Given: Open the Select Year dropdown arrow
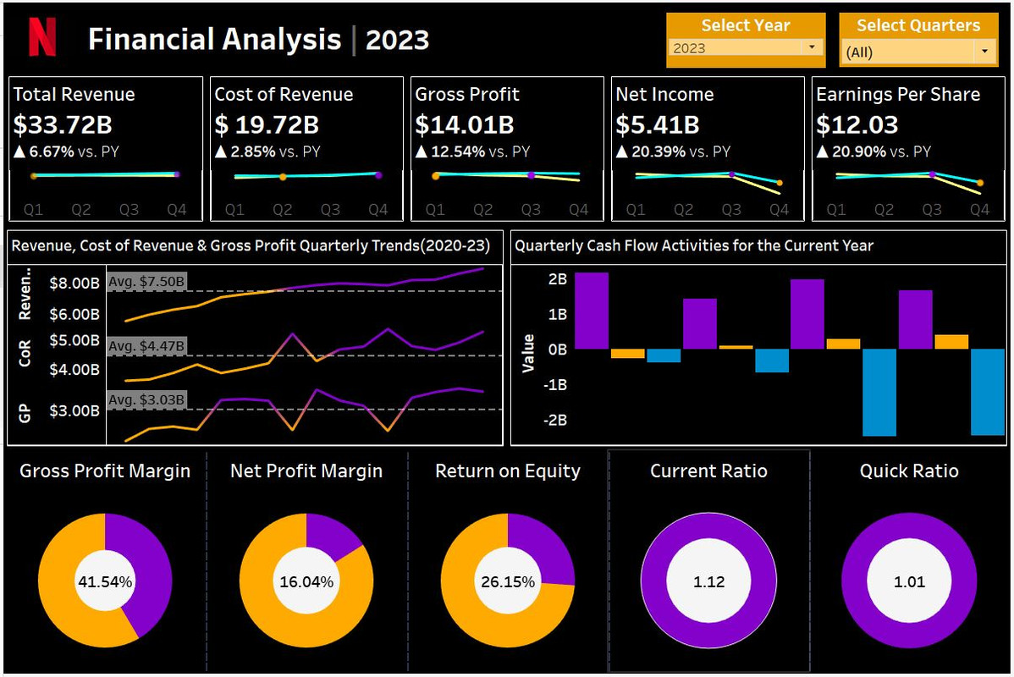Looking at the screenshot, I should [812, 47].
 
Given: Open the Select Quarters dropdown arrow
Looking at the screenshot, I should [984, 52].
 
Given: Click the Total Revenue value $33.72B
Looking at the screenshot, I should [63, 125].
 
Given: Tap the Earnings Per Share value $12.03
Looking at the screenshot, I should [857, 125].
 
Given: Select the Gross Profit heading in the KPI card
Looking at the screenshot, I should [467, 95].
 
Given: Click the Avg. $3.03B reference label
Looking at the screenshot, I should [147, 399].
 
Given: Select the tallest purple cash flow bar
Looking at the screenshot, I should [592, 310].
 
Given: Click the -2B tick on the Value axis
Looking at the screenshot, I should [555, 420].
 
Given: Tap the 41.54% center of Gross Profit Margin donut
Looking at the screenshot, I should [105, 582].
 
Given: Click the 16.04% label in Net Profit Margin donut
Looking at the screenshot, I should [306, 582].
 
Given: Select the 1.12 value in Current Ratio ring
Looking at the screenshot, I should [708, 582].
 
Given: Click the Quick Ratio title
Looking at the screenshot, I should [909, 471].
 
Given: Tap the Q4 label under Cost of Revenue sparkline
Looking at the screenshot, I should [377, 210].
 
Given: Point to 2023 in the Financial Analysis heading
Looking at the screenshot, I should [397, 40].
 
